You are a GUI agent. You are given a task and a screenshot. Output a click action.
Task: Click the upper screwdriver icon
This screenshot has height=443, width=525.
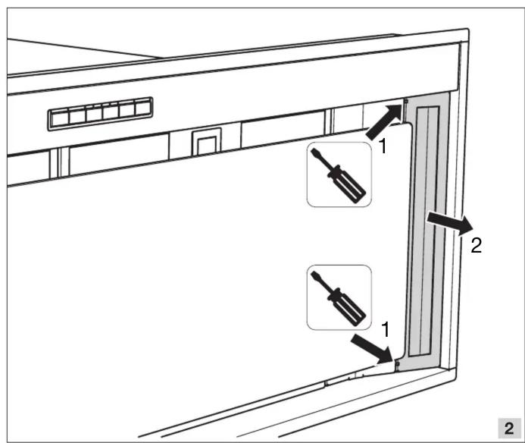pyautogui.click(x=339, y=174)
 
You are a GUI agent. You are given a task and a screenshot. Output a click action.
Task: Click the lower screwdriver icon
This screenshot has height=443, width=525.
pyautogui.click(x=339, y=297)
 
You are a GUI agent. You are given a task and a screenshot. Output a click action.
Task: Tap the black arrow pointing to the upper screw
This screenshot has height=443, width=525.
pyautogui.click(x=383, y=121)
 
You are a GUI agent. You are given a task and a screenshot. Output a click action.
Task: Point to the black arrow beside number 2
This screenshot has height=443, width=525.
pyautogui.click(x=449, y=223)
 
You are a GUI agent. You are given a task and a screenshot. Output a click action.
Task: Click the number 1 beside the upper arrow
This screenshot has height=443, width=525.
pyautogui.click(x=383, y=146)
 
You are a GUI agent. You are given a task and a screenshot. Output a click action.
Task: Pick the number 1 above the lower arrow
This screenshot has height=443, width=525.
pyautogui.click(x=386, y=330)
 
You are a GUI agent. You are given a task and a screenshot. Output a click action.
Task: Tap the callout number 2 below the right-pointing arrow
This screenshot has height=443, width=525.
pyautogui.click(x=476, y=246)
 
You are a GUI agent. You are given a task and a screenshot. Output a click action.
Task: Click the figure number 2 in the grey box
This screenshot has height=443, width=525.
pyautogui.click(x=509, y=429)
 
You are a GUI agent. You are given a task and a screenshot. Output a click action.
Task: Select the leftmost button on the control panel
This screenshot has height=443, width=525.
pyautogui.click(x=61, y=118)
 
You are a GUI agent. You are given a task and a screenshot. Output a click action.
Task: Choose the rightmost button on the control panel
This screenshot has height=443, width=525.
pyautogui.click(x=143, y=108)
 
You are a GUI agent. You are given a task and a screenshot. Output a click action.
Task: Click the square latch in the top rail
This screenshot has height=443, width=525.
pyautogui.click(x=207, y=142)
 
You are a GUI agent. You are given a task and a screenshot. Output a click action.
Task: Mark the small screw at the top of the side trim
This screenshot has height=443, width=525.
pyautogui.click(x=406, y=101)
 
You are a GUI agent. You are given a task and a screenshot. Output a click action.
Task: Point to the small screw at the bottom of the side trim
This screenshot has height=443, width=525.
pyautogui.click(x=398, y=363)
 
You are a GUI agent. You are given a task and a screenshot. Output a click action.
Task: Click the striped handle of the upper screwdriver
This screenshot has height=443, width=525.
pyautogui.click(x=351, y=187)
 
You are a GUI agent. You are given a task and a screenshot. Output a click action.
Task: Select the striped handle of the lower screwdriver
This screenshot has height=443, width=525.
pyautogui.click(x=351, y=309)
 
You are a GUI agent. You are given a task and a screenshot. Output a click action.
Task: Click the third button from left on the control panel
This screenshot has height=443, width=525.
pyautogui.click(x=94, y=115)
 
